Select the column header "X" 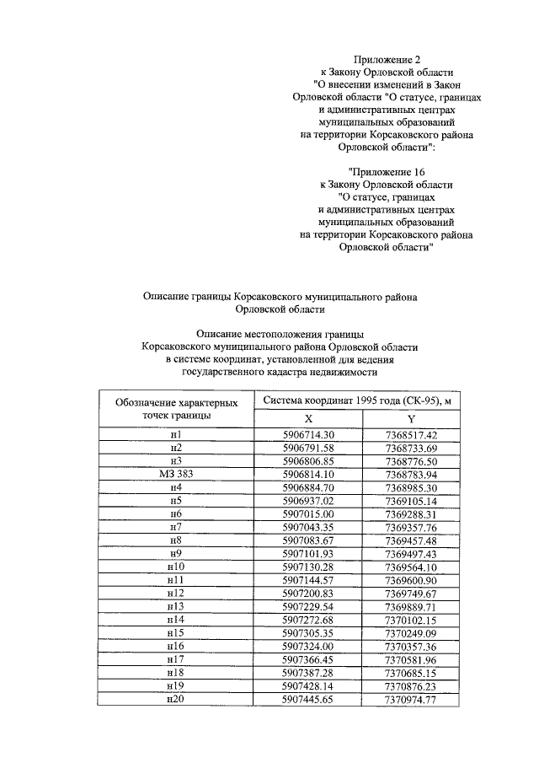click(309, 417)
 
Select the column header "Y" click(410, 417)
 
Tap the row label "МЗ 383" click(176, 476)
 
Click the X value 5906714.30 click(309, 435)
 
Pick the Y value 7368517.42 click(410, 435)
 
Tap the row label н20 click(176, 700)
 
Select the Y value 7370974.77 click(410, 700)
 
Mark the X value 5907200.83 click(309, 594)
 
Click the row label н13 click(176, 606)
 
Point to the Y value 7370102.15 click(410, 620)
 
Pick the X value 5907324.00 click(309, 647)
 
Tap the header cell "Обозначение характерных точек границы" click(176, 408)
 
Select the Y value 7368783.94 click(410, 476)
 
